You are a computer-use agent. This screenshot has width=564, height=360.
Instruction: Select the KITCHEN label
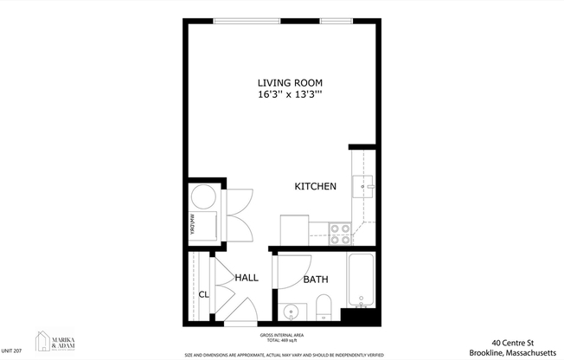coord(315,187)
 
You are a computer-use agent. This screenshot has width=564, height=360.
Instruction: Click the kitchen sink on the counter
coord(362,183)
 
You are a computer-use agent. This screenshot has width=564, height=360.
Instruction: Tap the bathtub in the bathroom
coord(361,281)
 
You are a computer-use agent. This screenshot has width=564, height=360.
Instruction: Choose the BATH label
coord(315,280)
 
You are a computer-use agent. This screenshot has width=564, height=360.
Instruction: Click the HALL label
coord(247,278)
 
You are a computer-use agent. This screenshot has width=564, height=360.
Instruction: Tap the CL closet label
coord(204,295)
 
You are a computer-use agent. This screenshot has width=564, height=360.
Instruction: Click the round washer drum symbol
coord(204,196)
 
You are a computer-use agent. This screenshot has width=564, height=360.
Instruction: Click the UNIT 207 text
coord(12,350)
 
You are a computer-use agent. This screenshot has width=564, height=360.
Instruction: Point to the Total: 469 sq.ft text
coord(282,340)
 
